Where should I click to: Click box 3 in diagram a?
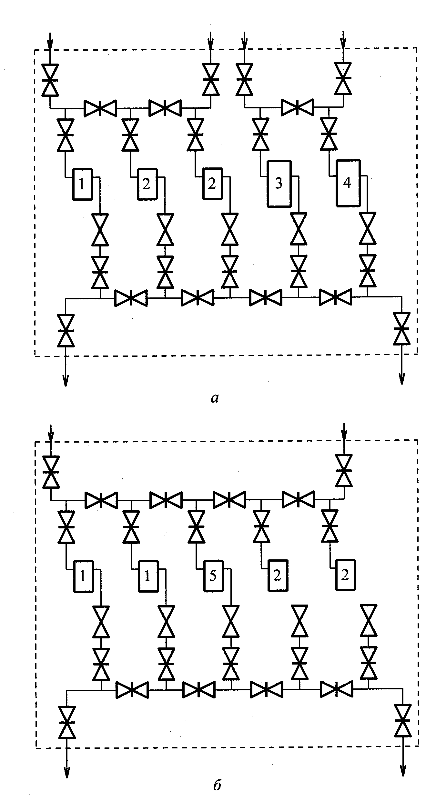[x=279, y=184]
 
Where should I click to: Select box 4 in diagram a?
[x=348, y=183]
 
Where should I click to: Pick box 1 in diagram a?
[x=83, y=184]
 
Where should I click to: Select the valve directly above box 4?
[x=329, y=133]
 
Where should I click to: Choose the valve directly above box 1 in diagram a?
[x=66, y=135]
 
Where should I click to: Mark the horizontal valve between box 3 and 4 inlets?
[x=297, y=107]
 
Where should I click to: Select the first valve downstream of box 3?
[x=299, y=229]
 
